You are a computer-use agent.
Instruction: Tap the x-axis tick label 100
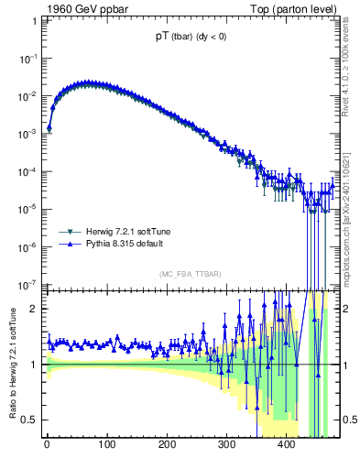click(106, 448)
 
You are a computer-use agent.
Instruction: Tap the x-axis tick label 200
click(167, 448)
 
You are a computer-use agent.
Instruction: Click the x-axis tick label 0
click(47, 448)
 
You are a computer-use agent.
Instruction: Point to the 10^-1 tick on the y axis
click(28, 58)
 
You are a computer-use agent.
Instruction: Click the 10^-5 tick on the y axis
click(28, 209)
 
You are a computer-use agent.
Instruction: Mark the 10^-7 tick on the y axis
click(28, 284)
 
